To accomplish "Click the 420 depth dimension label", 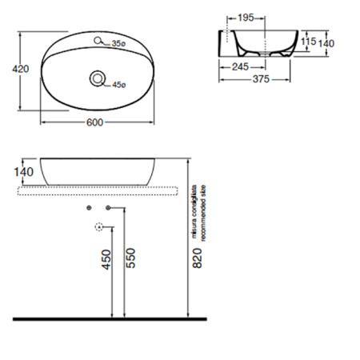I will point(21,70).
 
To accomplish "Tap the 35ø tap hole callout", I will point(119,43).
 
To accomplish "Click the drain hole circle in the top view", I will point(98,78).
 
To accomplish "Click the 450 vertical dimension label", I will point(106,260).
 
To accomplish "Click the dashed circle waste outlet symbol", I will point(99,226).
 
